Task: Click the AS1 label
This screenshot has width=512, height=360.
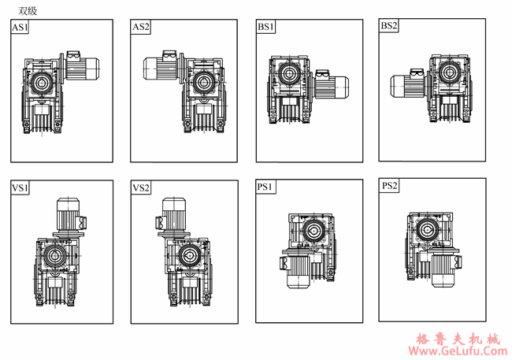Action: click(x=20, y=27)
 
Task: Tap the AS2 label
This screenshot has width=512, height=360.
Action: click(x=141, y=27)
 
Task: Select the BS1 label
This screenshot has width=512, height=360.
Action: click(x=265, y=27)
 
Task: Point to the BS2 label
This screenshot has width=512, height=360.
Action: click(x=388, y=25)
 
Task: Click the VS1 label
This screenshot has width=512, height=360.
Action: click(x=20, y=187)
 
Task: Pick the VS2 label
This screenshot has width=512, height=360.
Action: click(x=141, y=187)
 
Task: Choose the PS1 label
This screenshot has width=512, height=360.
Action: click(x=265, y=187)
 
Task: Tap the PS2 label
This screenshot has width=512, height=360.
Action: click(x=389, y=186)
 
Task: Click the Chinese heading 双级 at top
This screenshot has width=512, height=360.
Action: click(x=28, y=11)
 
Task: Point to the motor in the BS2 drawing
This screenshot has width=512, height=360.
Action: click(x=410, y=84)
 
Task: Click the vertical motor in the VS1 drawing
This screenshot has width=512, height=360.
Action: click(x=69, y=217)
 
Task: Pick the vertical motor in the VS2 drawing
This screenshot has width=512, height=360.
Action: click(x=173, y=217)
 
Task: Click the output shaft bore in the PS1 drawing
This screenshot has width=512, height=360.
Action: click(x=312, y=231)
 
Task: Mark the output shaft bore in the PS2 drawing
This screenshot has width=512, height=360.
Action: click(x=426, y=230)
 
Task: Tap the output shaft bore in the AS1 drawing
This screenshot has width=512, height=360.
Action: click(x=42, y=83)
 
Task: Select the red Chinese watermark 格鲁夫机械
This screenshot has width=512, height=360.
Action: click(x=458, y=339)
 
